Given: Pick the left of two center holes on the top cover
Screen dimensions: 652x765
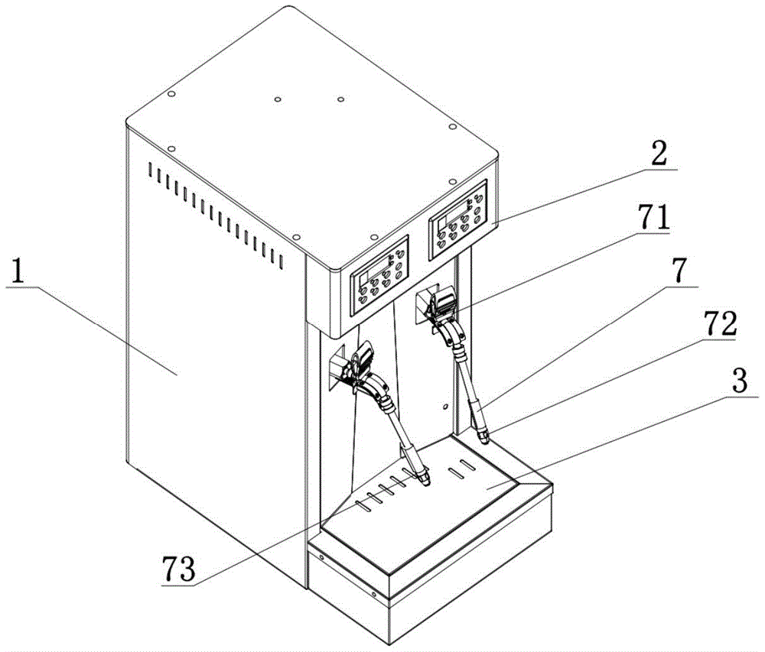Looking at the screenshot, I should pos(278,99).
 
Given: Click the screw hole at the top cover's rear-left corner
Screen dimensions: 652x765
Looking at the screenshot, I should pos(171,94).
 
